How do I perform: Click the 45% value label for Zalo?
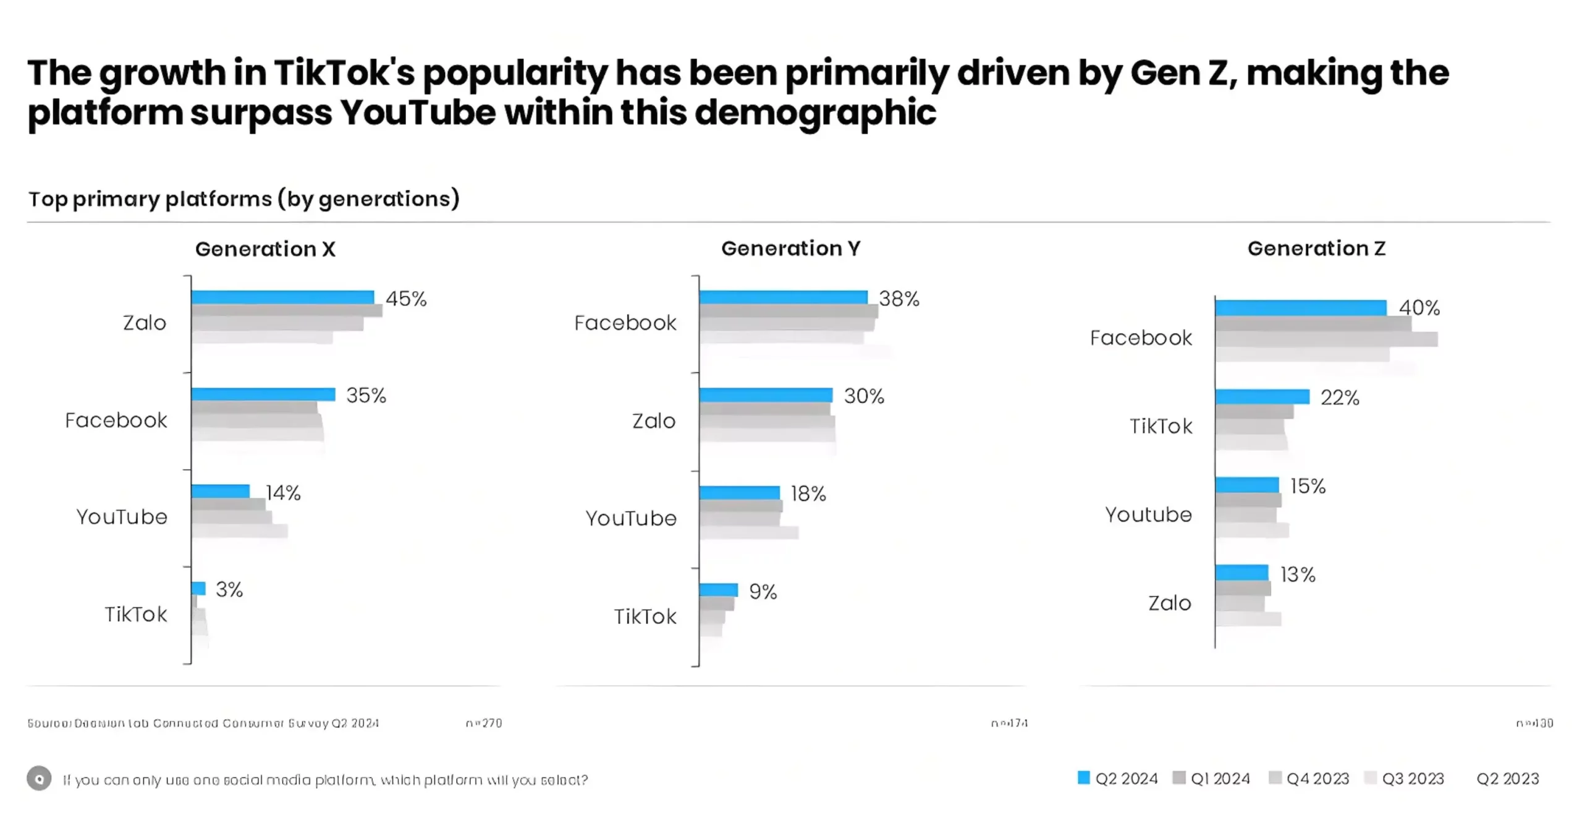tap(406, 299)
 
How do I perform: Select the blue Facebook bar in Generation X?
tap(263, 394)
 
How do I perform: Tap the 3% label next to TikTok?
tap(229, 589)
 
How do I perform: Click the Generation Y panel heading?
tap(790, 249)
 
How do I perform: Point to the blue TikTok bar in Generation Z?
tap(1262, 396)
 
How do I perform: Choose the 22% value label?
tap(1340, 398)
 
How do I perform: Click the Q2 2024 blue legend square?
tap(1083, 778)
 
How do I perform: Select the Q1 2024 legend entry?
tap(1211, 778)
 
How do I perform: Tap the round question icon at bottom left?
tap(39, 778)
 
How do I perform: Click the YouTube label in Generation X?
tap(122, 517)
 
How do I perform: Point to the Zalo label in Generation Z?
tap(1169, 603)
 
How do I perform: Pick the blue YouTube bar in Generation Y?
tap(740, 492)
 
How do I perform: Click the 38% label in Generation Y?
tap(899, 299)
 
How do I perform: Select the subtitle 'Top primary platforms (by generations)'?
tap(244, 199)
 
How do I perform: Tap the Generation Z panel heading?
tap(1316, 249)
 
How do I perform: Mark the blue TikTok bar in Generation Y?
tap(719, 589)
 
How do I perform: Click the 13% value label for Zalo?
tap(1298, 574)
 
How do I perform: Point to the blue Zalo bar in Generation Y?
tap(766, 395)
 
